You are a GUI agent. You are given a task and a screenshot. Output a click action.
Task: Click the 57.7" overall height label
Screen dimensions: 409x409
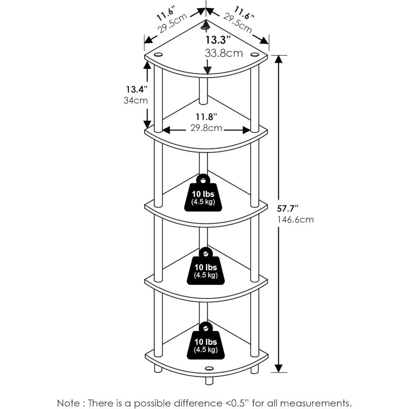pyautogui.click(x=288, y=209)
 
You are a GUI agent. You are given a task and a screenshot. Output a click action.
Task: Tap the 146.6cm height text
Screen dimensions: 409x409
pyautogui.click(x=295, y=220)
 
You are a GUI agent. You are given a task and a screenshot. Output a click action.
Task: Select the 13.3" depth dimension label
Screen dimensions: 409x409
pyautogui.click(x=218, y=40)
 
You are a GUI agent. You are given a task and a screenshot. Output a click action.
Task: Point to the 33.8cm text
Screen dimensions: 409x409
pyautogui.click(x=224, y=53)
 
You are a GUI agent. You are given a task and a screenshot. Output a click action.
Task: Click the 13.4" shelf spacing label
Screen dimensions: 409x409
pyautogui.click(x=137, y=90)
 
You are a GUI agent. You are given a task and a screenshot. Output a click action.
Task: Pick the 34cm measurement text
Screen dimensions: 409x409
pyautogui.click(x=136, y=101)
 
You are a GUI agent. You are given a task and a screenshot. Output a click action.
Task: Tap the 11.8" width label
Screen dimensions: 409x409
pyautogui.click(x=207, y=117)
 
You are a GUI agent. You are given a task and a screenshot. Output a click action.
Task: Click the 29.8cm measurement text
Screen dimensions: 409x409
pyautogui.click(x=206, y=128)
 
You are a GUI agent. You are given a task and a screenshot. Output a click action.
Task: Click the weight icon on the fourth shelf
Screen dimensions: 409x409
pyautogui.click(x=206, y=266)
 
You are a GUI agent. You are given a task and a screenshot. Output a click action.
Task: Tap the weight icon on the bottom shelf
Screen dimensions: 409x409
pyautogui.click(x=206, y=341)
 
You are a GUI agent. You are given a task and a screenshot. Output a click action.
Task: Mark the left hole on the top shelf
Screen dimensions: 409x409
pyautogui.click(x=158, y=55)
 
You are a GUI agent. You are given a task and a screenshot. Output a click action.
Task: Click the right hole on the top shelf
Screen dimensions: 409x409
pyautogui.click(x=254, y=54)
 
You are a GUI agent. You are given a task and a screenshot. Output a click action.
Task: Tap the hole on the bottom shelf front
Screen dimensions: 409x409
pyautogui.click(x=209, y=369)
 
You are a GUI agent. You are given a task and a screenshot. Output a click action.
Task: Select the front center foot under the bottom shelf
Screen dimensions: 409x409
pyautogui.click(x=209, y=381)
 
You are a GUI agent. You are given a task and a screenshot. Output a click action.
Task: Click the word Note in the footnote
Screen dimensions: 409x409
pyautogui.click(x=68, y=403)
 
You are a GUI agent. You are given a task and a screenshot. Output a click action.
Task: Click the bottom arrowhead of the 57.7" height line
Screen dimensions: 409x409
pyautogui.click(x=279, y=369)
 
